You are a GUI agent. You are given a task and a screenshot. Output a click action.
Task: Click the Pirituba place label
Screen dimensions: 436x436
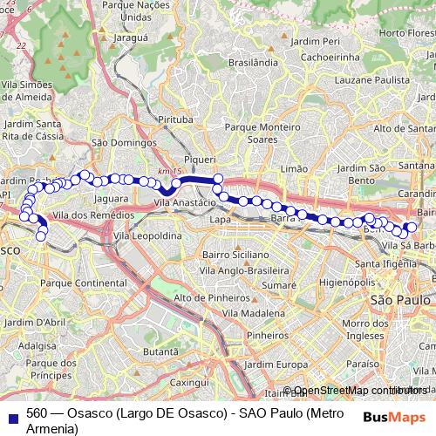pos(174,118)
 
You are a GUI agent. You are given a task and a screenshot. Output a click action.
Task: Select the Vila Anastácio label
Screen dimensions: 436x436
pos(184,202)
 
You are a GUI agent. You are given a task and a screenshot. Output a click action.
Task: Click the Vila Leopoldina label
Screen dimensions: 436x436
pos(146,236)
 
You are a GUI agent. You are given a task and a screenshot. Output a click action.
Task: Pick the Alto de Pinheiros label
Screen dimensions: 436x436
pos(208,298)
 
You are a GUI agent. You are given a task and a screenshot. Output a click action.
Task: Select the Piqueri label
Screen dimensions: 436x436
pos(201,160)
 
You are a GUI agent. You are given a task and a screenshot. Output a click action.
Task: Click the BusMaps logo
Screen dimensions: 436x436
pos(393,417)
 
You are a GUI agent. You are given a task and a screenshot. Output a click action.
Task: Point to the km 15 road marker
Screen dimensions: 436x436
pos(167,171)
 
